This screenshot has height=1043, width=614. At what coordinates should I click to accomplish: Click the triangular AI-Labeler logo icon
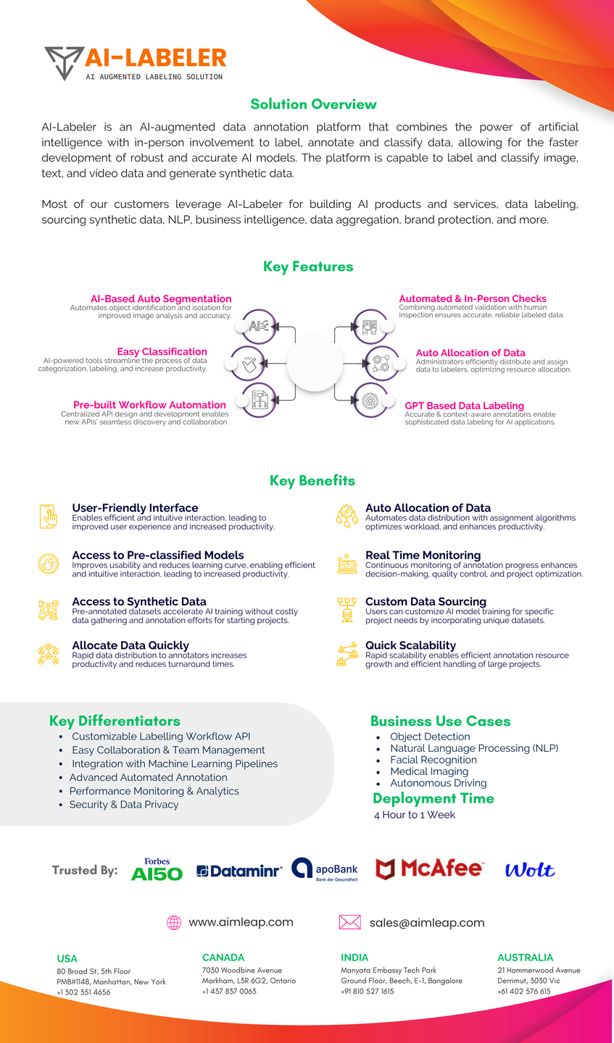pos(63,62)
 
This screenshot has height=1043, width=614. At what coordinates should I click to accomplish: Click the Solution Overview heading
pos(313,104)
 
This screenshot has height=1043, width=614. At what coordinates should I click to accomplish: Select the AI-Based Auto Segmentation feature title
pos(161,298)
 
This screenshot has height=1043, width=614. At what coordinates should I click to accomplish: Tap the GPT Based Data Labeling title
pos(464,406)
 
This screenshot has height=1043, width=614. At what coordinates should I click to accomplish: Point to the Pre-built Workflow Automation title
pos(149,405)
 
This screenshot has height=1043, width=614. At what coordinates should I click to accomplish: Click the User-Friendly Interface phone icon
pos(49,516)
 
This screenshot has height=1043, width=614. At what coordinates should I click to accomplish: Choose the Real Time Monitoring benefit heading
pos(423,555)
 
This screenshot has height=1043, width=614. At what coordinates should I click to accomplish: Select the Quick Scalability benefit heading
pos(410,645)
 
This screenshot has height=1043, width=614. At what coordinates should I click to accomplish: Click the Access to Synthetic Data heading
pos(139,601)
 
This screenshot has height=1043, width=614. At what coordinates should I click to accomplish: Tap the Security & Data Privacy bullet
pos(123,804)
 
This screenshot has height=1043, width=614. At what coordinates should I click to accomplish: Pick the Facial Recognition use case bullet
pos(433,760)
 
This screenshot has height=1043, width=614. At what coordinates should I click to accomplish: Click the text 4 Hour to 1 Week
pos(415,815)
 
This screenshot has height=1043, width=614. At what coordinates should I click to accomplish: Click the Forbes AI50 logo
pos(157,870)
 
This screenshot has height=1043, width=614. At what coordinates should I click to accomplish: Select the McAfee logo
pos(429,868)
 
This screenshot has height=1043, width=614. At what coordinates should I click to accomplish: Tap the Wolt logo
pos(530,870)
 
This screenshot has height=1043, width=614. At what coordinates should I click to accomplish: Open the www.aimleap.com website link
pos(241,922)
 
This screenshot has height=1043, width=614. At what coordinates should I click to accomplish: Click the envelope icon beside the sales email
pos(349,922)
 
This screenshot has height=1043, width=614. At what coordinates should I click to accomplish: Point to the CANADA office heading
pos(223,958)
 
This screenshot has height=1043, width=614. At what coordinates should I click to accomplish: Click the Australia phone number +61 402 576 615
pos(523,992)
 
